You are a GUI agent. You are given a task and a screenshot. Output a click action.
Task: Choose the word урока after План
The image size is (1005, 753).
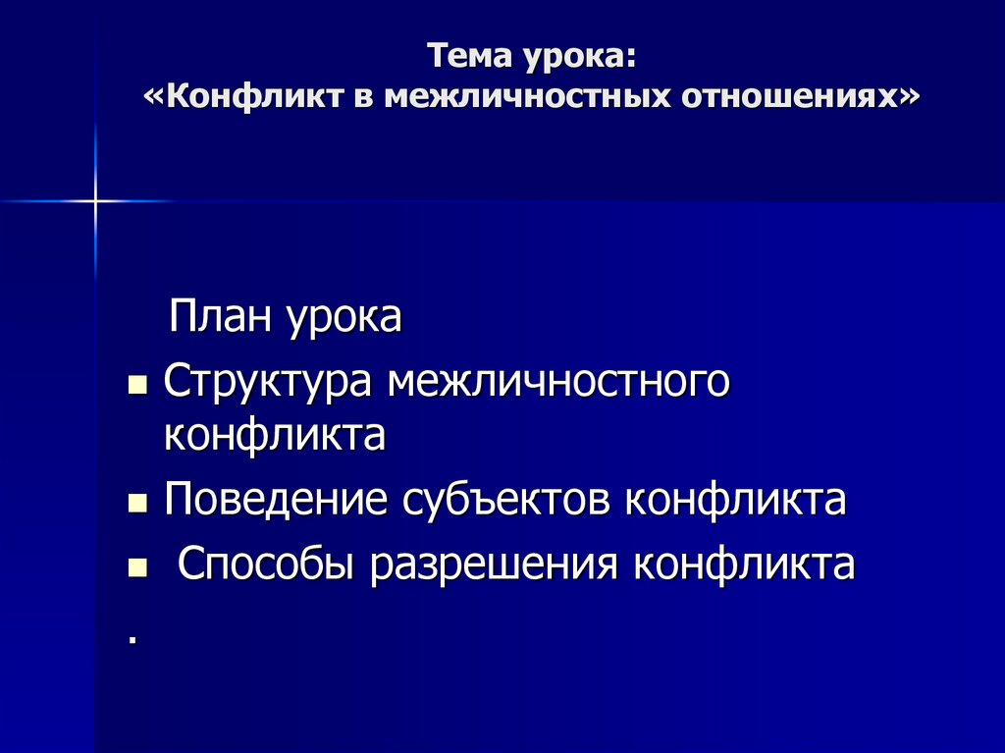(344, 320)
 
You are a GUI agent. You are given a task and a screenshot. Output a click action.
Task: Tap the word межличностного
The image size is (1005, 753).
(558, 381)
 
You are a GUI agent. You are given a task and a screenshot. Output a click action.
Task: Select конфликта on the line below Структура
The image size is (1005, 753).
(275, 434)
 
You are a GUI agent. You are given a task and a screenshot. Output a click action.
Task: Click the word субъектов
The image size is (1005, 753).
(507, 500)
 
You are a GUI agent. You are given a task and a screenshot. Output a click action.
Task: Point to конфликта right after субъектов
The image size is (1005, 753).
(736, 500)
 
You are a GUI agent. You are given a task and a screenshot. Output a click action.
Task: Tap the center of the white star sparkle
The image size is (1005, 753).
(96, 201)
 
